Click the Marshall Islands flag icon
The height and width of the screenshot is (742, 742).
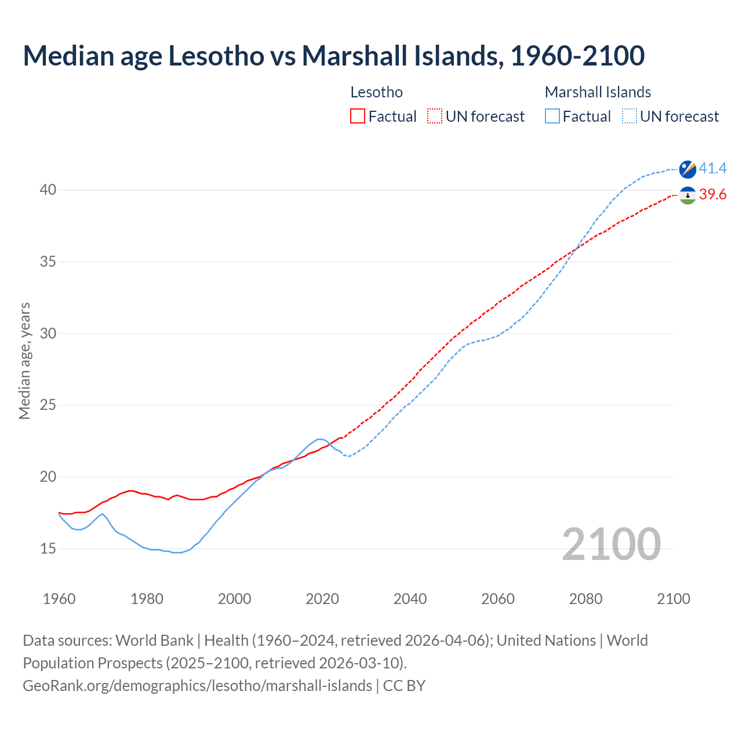688,169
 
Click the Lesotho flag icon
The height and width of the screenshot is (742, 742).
688,195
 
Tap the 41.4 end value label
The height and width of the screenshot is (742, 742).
712,168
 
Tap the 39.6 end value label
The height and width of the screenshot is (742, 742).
712,195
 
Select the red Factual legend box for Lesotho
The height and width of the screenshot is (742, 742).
358,117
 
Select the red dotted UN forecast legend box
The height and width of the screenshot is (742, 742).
435,117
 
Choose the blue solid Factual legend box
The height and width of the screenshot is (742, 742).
552,117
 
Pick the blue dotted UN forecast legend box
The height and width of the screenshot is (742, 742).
630,117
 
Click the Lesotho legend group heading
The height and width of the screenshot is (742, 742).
376,92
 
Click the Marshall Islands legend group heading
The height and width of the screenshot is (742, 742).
598,92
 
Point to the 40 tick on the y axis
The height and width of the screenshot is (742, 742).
48,190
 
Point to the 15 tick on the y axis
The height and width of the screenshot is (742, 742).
48,548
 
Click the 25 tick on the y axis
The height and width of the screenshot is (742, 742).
48,405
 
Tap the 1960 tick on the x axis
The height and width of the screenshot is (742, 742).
59,599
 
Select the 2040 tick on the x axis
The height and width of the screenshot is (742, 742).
410,599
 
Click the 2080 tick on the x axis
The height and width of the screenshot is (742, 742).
585,599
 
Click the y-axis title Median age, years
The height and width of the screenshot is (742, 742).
24,361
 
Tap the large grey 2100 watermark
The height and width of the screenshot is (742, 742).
611,544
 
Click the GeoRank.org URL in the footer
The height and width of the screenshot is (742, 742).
197,686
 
